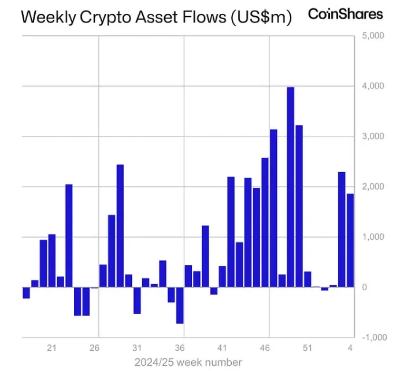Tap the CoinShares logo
(x=345, y=14)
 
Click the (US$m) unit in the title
(x=261, y=17)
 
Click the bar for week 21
(x=51, y=261)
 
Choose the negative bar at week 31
(x=137, y=300)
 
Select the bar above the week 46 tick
(x=265, y=222)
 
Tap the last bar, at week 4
(x=350, y=240)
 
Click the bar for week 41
(x=222, y=276)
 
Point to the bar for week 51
(x=307, y=279)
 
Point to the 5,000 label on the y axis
(x=373, y=36)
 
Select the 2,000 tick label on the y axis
(x=373, y=187)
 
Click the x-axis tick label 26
(x=95, y=348)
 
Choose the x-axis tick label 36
(x=180, y=348)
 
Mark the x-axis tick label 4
(x=350, y=348)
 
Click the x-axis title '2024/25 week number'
(x=188, y=362)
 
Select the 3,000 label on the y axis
(x=373, y=136)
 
